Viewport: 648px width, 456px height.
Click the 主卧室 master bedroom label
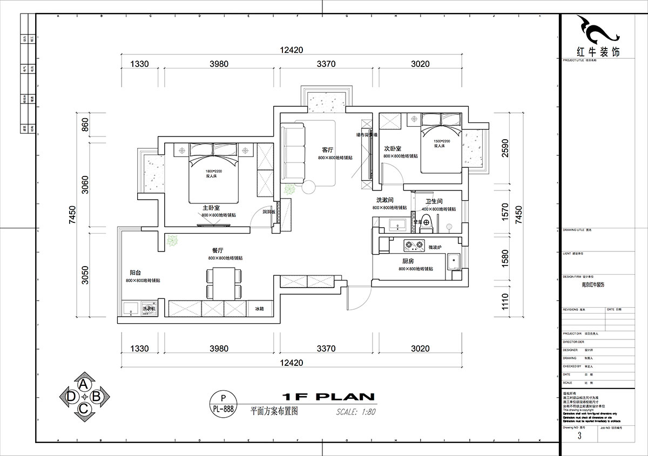click(x=211, y=208)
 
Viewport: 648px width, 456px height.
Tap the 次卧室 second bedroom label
click(x=392, y=148)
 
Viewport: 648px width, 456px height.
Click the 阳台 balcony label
click(x=136, y=273)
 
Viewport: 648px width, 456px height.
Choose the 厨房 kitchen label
click(x=408, y=261)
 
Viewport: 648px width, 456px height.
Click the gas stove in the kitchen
click(x=414, y=247)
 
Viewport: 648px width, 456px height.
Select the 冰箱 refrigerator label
click(x=259, y=309)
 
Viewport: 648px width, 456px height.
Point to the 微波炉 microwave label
click(x=435, y=247)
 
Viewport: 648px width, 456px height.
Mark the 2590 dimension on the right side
click(x=505, y=147)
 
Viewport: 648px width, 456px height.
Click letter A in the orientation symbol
click(x=84, y=384)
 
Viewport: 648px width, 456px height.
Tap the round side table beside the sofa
click(x=309, y=188)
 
